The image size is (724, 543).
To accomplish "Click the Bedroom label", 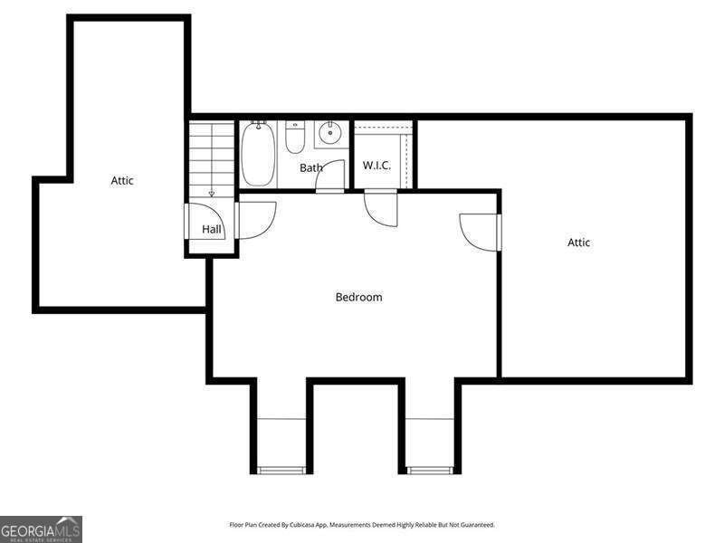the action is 358,297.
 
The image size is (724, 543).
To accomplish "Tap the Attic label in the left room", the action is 122,180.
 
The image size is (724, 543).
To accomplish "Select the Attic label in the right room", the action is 578,243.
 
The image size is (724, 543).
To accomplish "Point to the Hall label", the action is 212,229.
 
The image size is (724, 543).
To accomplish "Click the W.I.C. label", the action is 376,166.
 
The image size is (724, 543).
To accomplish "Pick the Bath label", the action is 310,167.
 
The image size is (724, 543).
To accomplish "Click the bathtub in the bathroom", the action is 258,153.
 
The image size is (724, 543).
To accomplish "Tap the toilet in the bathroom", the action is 295,137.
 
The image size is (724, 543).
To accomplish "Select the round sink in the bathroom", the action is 330,133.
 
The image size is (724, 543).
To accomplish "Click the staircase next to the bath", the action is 212,160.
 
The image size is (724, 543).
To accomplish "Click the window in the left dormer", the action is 281,471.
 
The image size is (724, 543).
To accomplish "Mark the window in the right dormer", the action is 429,471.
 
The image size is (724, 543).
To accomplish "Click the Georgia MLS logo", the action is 41,529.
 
